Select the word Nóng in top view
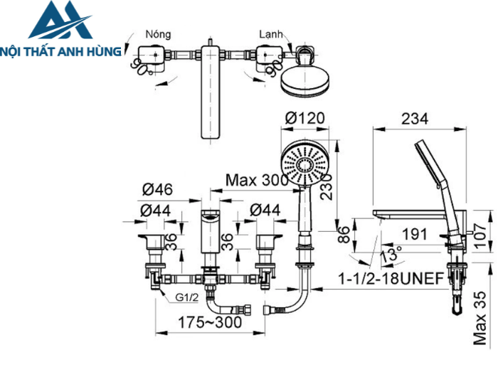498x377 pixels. click(x=157, y=34)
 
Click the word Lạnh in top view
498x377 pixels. click(x=272, y=34)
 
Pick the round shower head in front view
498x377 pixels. click(x=304, y=163)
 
